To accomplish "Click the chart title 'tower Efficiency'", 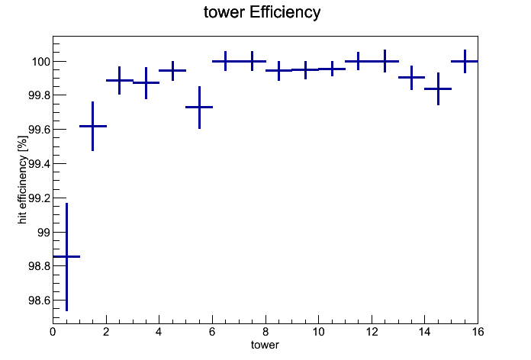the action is point(262,12).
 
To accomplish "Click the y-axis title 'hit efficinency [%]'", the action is point(23,179).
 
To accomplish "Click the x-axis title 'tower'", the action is point(265,345).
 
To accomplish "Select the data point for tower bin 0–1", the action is point(66,257).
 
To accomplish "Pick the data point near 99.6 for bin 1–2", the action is point(93,126).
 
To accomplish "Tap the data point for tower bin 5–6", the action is point(199,107).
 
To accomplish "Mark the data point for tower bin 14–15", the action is point(438,88).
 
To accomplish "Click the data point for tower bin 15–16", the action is point(465,61).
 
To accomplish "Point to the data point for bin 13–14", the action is point(411,78).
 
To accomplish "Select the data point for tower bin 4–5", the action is point(172,70).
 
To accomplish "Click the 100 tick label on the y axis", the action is point(41,62).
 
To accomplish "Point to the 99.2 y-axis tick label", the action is point(39,198).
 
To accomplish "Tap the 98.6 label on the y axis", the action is point(39,301).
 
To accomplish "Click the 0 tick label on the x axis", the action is point(53,332).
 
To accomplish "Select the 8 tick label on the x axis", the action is point(265,332).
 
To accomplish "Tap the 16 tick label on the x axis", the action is point(478,332).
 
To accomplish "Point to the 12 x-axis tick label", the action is point(372,332).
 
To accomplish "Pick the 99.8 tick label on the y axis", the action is point(39,95).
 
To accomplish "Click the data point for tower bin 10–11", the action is point(332,69).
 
